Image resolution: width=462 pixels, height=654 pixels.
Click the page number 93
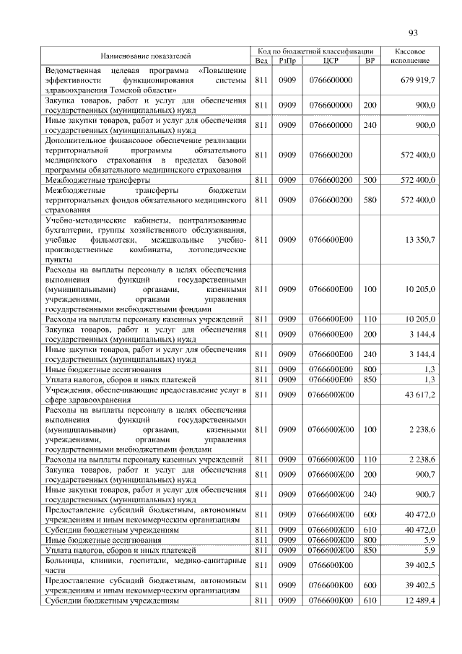click(x=413, y=32)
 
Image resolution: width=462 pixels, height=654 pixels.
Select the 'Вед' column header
click(x=261, y=61)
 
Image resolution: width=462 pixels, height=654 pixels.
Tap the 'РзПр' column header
click(x=287, y=61)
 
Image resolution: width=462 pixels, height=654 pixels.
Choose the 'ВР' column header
click(x=370, y=61)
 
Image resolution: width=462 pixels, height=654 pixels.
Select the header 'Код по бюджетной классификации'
click(x=316, y=51)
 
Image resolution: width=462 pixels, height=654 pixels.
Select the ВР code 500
click(x=370, y=178)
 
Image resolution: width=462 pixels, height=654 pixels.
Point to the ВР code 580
click(x=370, y=199)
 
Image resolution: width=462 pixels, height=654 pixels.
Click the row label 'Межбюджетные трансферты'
click(x=97, y=178)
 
